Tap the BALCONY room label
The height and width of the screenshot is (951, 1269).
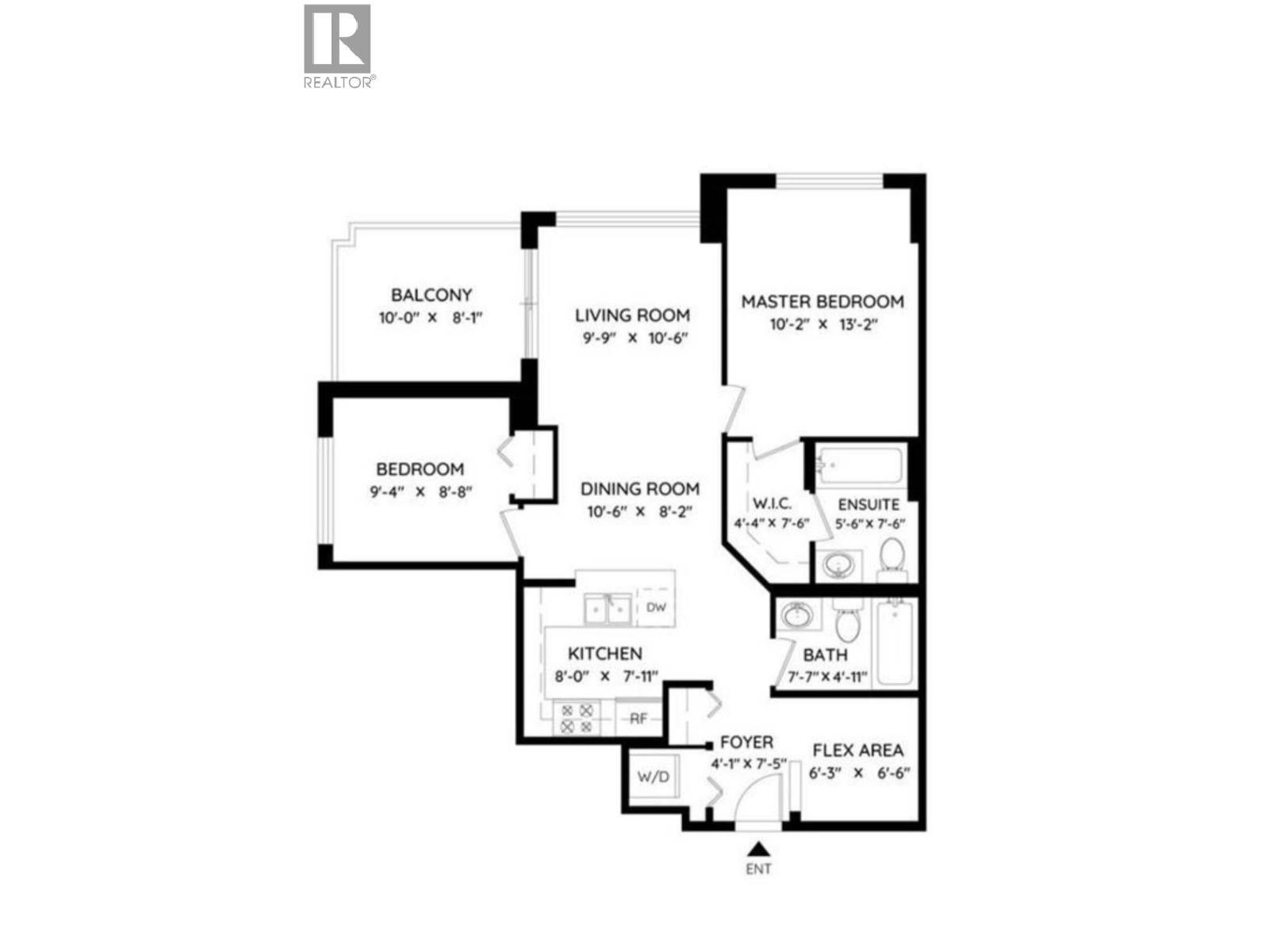[x=431, y=295]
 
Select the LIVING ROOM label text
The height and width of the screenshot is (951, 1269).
[x=632, y=315]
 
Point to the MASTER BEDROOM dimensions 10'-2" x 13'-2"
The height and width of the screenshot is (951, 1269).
[x=822, y=324]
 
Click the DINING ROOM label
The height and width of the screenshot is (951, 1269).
[x=640, y=489]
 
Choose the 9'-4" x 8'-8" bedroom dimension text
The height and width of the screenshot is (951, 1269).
[x=421, y=491]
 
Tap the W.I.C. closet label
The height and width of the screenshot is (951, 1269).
[x=772, y=504]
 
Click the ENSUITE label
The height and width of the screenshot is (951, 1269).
[x=868, y=504]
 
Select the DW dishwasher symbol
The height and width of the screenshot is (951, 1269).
[x=656, y=608]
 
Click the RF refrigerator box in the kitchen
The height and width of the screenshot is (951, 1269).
[x=638, y=719]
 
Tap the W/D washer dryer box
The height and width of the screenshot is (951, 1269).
[x=654, y=777]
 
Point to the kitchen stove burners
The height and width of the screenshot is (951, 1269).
[x=577, y=718]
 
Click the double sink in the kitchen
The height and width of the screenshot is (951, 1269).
[x=608, y=609]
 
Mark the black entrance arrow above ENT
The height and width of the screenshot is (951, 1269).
[x=759, y=849]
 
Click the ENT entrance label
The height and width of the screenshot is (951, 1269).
[x=758, y=869]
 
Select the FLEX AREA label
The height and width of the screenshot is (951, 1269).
[x=858, y=750]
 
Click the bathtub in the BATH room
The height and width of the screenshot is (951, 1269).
[x=895, y=642]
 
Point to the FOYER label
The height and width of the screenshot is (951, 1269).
[x=746, y=743]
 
